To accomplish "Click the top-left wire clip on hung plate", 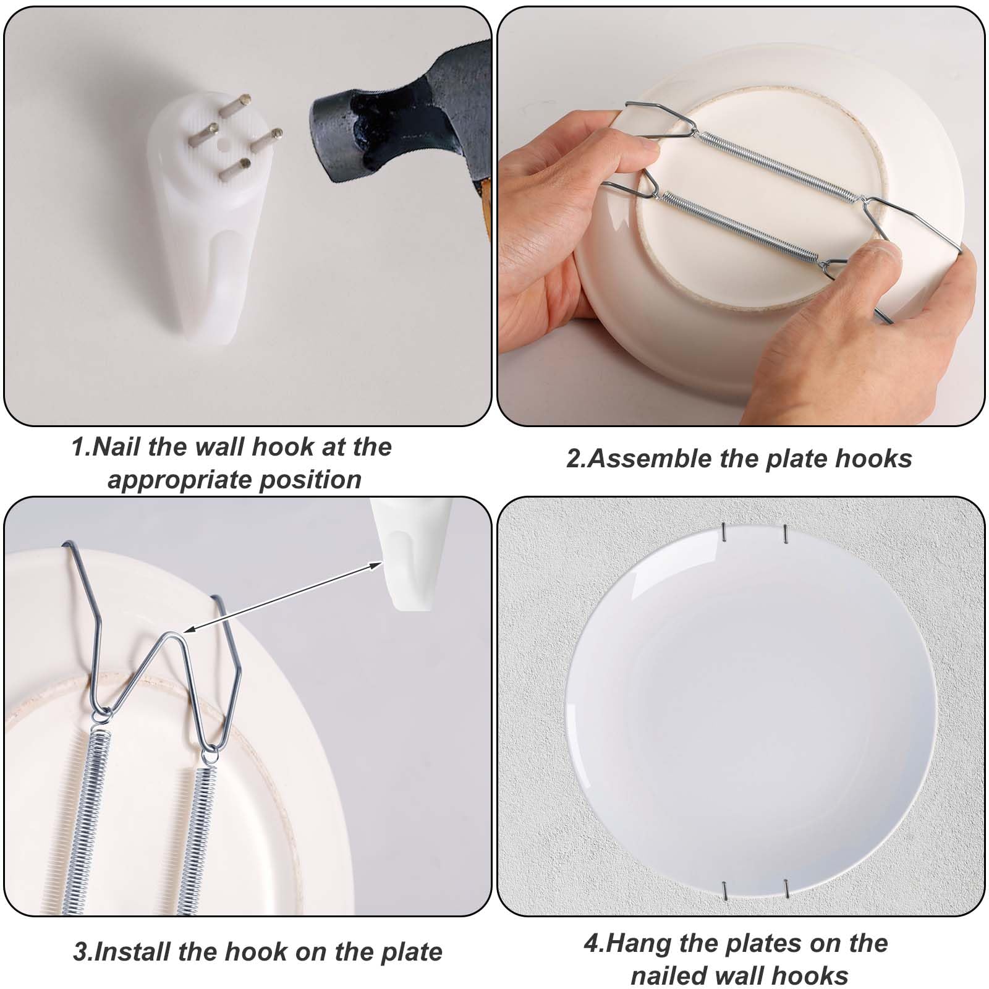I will (x=724, y=531).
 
